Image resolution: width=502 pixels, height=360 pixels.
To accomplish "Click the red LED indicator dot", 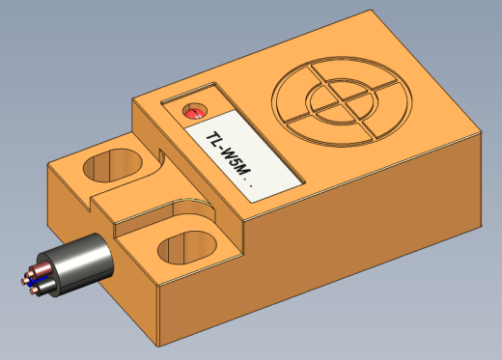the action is pos(195,111).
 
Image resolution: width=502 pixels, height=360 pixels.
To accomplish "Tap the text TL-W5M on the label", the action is pos(229,153).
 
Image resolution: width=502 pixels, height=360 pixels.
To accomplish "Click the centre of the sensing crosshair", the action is pos(342,101).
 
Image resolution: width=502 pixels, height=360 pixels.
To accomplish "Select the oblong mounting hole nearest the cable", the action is pos(187,248).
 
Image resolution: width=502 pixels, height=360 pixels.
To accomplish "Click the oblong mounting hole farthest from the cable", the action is pos(113,165).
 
